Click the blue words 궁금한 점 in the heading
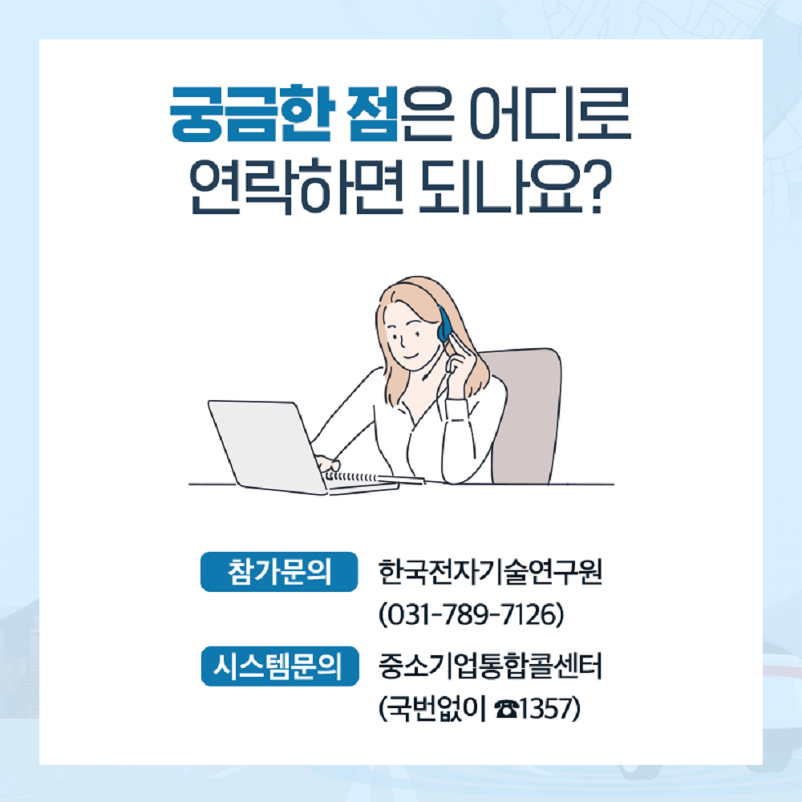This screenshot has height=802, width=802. [x=284, y=114]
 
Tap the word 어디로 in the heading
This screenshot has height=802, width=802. [x=550, y=114]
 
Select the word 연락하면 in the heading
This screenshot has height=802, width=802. [x=297, y=187]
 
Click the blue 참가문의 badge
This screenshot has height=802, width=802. [x=279, y=572]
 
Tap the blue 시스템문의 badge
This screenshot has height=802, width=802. [x=280, y=666]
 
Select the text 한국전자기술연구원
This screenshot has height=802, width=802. [x=490, y=572]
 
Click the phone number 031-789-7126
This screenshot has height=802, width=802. [x=471, y=614]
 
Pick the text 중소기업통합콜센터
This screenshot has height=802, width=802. [x=490, y=666]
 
